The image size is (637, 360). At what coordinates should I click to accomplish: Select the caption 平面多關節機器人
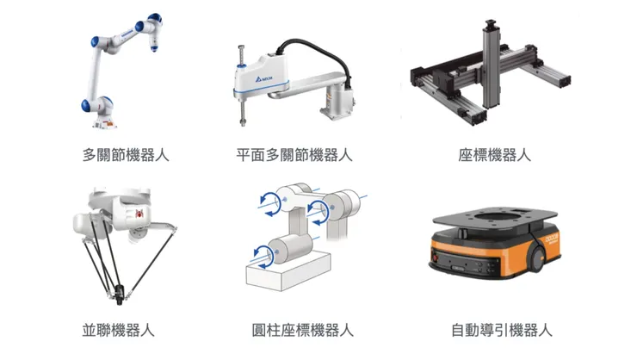click(x=295, y=155)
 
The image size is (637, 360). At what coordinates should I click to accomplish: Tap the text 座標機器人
click(x=495, y=155)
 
